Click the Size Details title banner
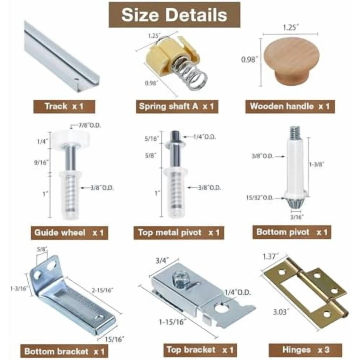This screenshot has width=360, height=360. point(174,15)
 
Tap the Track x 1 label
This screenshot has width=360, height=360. point(64,107)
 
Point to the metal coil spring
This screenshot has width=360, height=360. point(190,73)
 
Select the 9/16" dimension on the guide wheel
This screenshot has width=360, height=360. point(41,163)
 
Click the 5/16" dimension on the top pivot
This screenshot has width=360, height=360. point(152,139)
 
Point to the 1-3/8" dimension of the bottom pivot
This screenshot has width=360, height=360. point(317,164)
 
